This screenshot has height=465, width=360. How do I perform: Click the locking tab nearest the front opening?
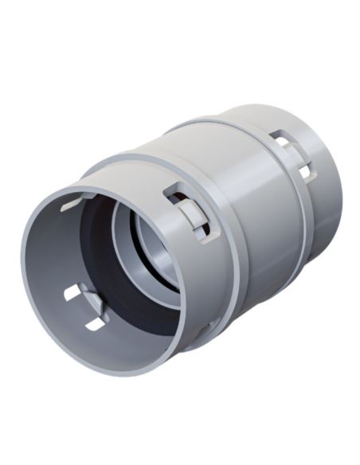[x=185, y=209]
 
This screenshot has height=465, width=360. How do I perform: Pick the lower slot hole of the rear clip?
[x=305, y=170]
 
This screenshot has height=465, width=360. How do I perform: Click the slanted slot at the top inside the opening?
[x=74, y=204]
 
